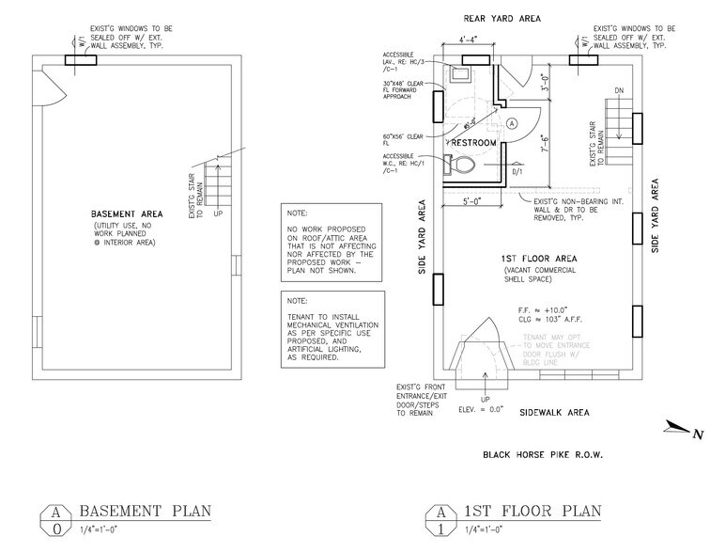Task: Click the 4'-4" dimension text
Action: point(462,40)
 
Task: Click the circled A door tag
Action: point(512,123)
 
